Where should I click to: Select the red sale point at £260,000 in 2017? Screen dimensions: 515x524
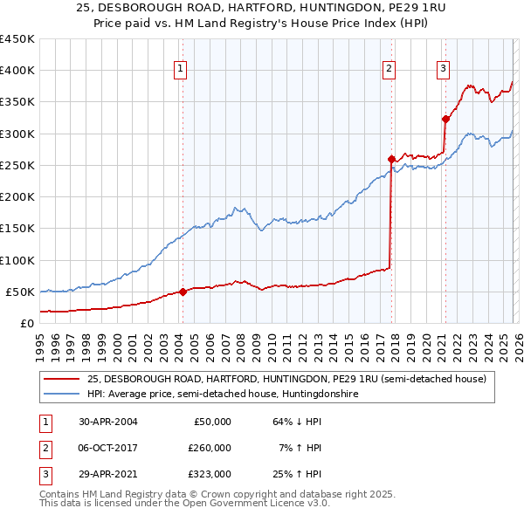pyautogui.click(x=391, y=159)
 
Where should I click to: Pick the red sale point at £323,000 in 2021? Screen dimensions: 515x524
pyautogui.click(x=445, y=119)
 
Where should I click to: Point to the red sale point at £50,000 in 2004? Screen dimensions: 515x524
pyautogui.click(x=183, y=292)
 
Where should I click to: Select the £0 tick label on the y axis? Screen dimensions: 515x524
pyautogui.click(x=27, y=323)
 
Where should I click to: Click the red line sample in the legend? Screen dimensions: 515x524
pyautogui.click(x=64, y=379)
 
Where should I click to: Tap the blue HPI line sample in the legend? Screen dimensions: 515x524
pyautogui.click(x=64, y=395)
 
